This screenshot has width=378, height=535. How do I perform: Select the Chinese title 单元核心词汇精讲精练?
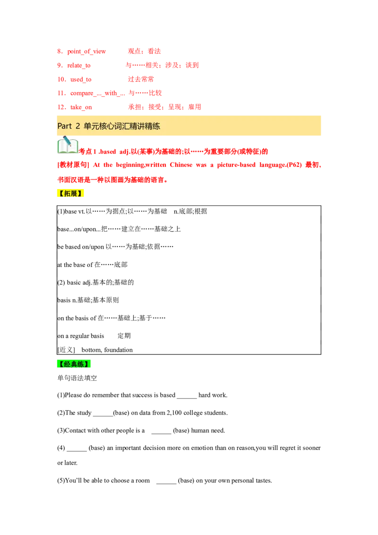tap(122, 126)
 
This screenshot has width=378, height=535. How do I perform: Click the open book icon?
tap(68, 146)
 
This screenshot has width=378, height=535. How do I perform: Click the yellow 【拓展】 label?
tap(71, 193)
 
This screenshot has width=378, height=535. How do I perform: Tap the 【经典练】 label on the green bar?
tap(74, 364)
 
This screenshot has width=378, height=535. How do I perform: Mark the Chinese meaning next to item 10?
tap(141, 79)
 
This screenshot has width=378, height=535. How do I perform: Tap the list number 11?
tap(60, 93)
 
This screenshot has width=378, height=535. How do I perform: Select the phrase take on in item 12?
tap(81, 107)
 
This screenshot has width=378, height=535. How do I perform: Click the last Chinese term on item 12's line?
tap(195, 107)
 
